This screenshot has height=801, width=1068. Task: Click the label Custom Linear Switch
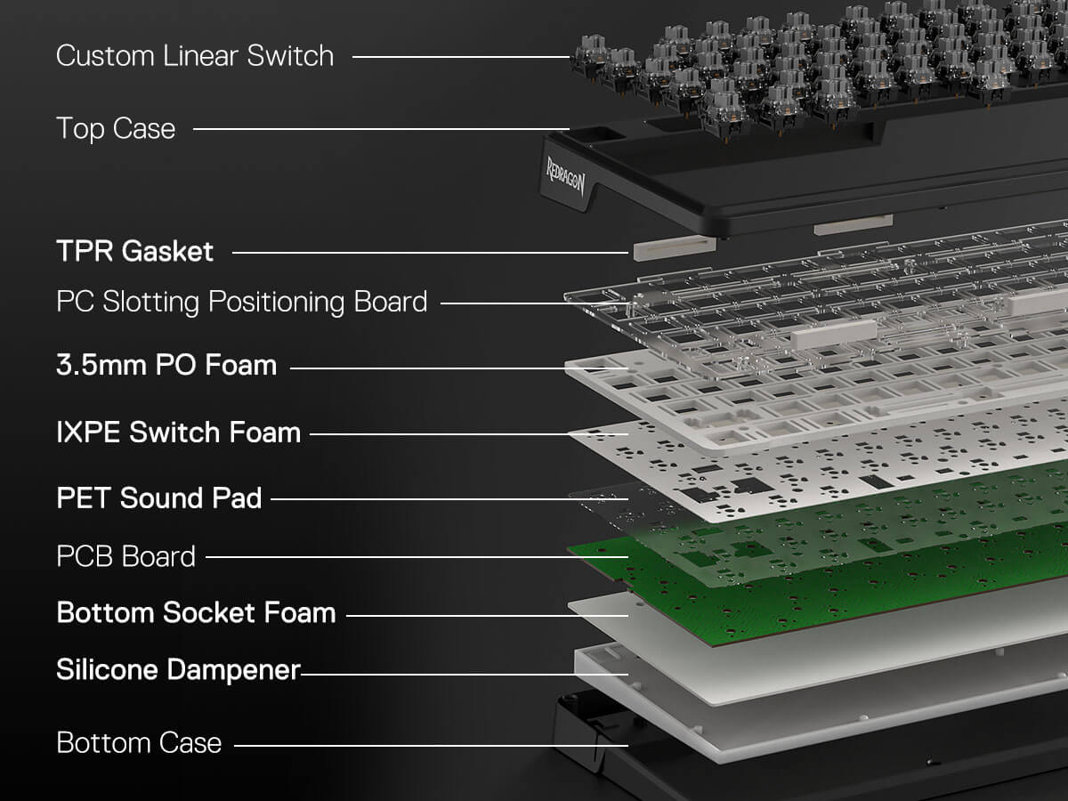click(195, 55)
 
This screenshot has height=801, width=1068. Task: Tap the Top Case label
click(116, 129)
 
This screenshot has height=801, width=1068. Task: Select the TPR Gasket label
click(134, 252)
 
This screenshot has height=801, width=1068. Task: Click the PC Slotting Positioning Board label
click(242, 303)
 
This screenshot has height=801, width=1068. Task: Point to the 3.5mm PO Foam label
click(166, 365)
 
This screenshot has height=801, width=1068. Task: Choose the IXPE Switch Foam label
click(179, 433)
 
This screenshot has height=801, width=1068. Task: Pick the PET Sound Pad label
click(159, 498)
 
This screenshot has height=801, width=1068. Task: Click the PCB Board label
click(126, 556)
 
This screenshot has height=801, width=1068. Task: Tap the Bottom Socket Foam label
click(196, 613)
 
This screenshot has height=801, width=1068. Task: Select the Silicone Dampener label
click(179, 670)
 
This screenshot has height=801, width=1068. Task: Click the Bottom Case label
click(139, 742)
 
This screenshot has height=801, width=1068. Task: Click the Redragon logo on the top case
click(565, 176)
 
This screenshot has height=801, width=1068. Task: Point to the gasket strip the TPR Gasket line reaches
click(675, 248)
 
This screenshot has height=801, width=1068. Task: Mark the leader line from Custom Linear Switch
click(461, 57)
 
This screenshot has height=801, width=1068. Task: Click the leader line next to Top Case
click(382, 129)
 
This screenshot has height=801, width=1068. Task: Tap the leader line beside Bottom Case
click(431, 745)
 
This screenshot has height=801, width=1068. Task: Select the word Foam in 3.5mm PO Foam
click(241, 365)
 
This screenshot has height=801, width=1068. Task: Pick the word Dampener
click(234, 670)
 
